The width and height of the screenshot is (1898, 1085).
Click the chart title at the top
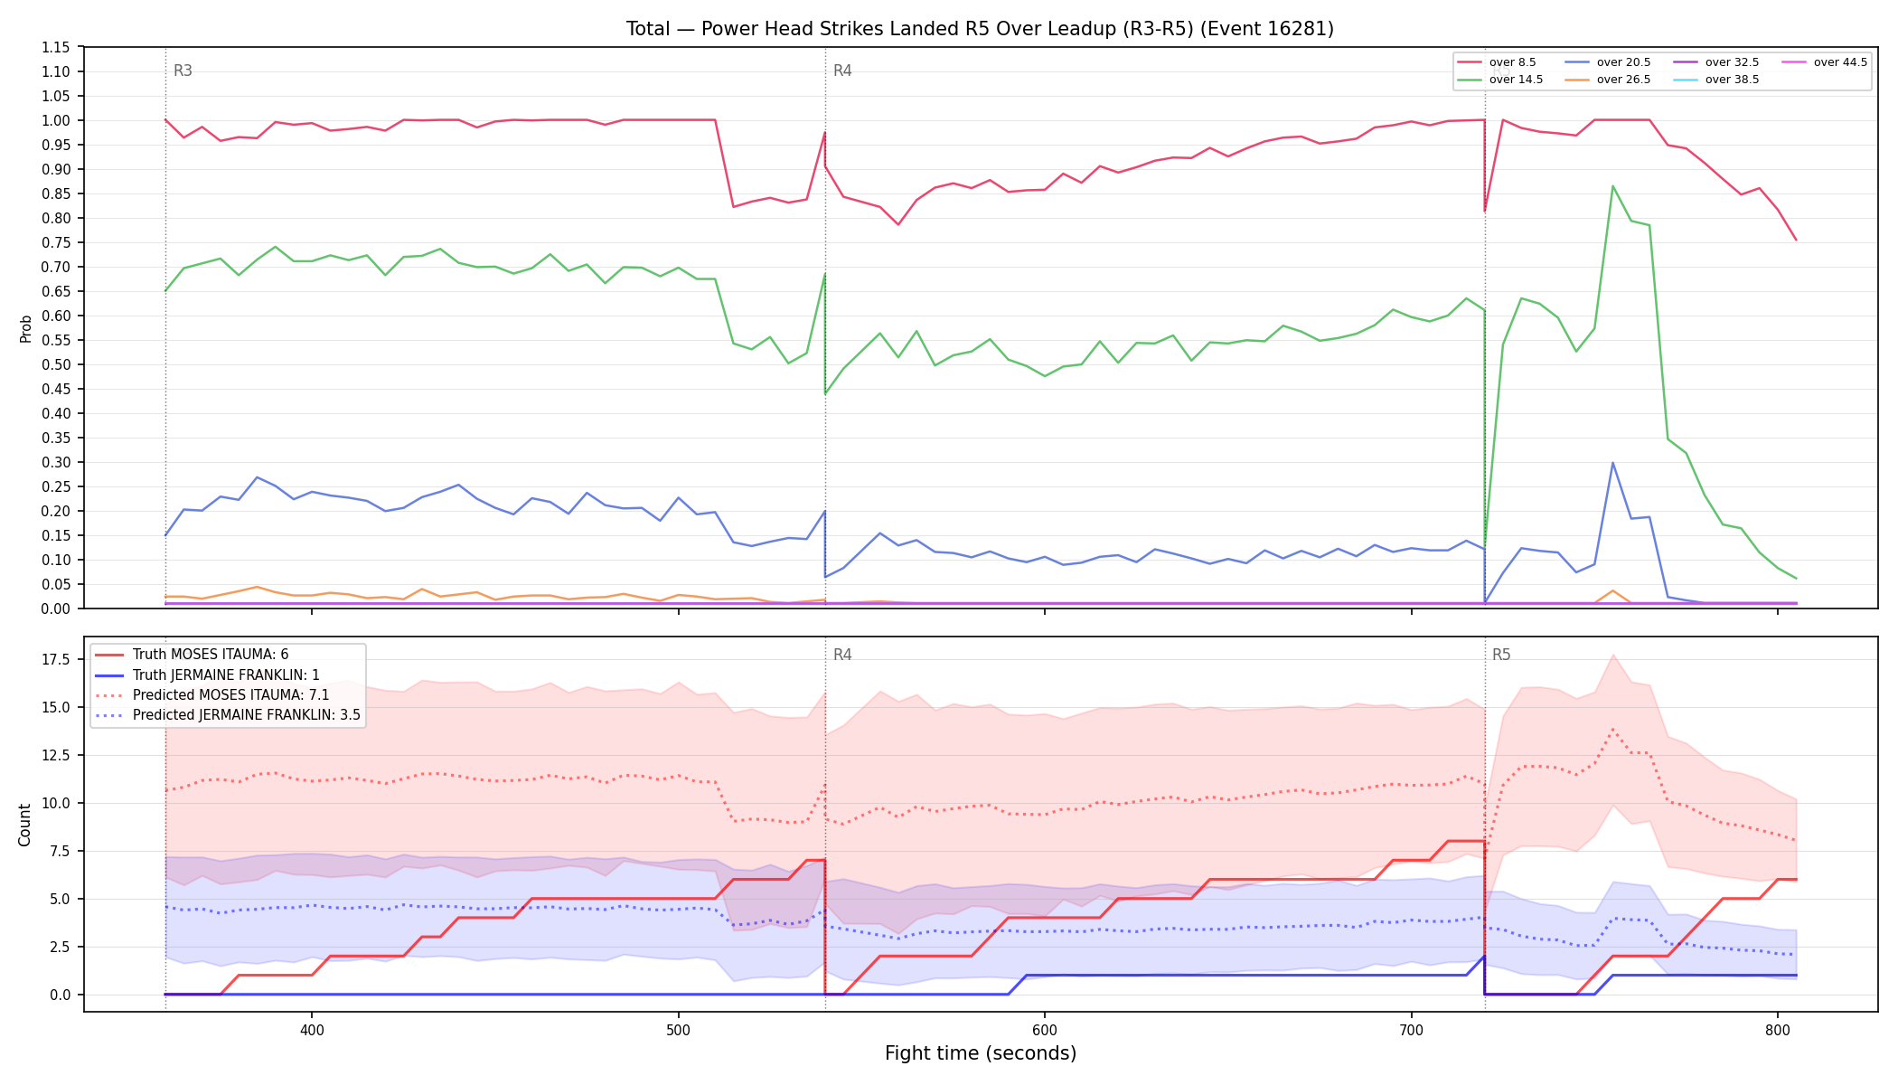(980, 29)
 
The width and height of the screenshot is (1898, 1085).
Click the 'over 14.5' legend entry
(1499, 80)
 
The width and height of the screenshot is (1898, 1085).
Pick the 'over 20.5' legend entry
(1608, 62)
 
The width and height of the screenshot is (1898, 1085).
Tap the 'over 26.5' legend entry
(1608, 80)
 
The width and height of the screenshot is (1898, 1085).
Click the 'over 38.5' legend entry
(1716, 80)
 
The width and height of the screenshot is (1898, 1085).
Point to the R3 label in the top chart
(183, 71)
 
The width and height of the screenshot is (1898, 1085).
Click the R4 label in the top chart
(842, 71)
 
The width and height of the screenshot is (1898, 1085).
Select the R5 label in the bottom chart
(1501, 655)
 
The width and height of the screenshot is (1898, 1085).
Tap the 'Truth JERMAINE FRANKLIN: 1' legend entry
(207, 675)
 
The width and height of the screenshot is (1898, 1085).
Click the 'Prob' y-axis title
(26, 328)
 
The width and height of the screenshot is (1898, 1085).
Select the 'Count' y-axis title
(25, 825)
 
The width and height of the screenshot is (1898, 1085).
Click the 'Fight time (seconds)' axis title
(981, 1053)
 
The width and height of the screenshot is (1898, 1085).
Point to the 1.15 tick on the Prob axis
(56, 47)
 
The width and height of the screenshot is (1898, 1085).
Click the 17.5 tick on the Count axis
(56, 659)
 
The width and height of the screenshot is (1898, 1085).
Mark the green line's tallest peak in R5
(1612, 186)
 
